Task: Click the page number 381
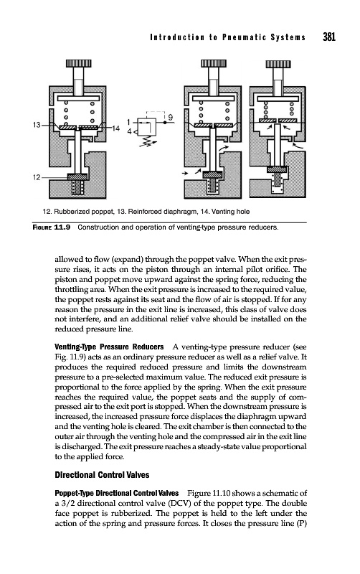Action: coord(329,37)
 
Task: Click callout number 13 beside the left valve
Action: coord(37,125)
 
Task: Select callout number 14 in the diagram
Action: coord(115,128)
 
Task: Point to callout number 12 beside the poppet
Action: coord(37,177)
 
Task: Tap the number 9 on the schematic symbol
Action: coord(171,117)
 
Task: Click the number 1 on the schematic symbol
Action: coord(129,122)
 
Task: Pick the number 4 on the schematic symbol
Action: coord(129,131)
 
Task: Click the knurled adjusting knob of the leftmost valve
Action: coord(78,64)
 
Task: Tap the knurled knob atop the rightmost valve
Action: coord(278,64)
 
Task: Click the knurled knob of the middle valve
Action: coord(214,64)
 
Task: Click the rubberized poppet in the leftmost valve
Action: coord(77,177)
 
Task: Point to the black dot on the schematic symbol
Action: coord(165,123)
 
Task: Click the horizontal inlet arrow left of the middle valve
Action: coord(185,172)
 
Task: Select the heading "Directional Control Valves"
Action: coord(102,475)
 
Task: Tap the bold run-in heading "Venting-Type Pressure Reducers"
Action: coord(109,347)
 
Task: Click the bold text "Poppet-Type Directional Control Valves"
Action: coord(117,493)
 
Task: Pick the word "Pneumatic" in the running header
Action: coord(242,37)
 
